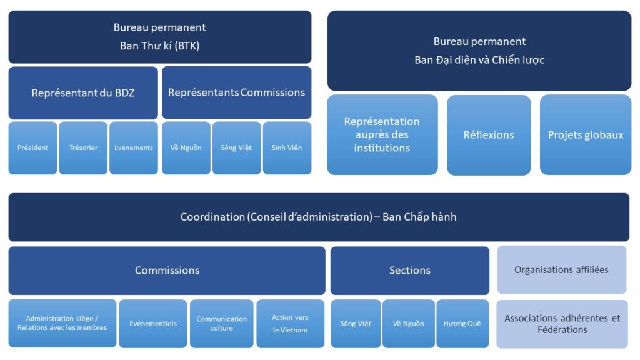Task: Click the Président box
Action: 32,148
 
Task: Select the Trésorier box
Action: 83,148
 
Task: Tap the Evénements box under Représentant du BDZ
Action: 134,148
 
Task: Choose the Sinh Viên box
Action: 287,148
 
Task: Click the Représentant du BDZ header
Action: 83,92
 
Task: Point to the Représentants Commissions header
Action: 236,92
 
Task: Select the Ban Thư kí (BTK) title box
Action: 159,36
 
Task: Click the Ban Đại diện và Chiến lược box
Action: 479,51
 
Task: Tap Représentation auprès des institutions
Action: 382,134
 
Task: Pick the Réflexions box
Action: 489,134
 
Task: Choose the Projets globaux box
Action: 586,134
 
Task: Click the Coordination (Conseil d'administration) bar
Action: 319,217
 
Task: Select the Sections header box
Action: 410,271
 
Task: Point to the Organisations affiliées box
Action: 561,270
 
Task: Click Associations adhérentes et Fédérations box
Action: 562,324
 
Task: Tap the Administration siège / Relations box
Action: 62,323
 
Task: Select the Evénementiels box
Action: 153,324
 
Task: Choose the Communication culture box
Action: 222,324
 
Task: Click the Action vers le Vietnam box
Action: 290,324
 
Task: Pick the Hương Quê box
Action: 462,324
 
